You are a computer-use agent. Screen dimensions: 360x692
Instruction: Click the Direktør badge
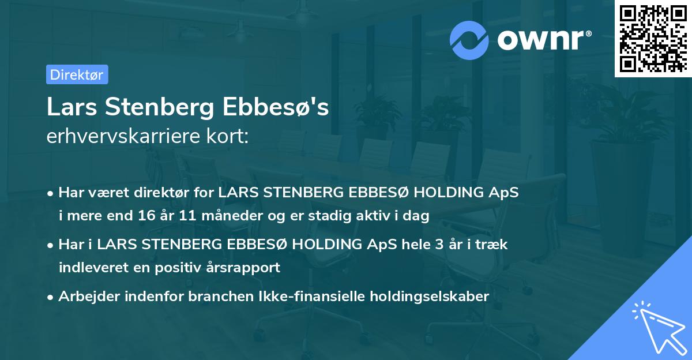pyautogui.click(x=77, y=74)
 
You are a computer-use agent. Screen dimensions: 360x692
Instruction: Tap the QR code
pyautogui.click(x=652, y=38)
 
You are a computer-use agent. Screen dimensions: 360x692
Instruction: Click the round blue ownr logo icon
pyautogui.click(x=469, y=39)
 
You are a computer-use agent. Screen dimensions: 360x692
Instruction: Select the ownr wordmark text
pyautogui.click(x=543, y=39)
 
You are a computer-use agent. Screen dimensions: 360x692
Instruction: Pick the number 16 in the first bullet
pyautogui.click(x=147, y=216)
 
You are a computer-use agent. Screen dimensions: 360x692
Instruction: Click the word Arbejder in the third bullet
pyautogui.click(x=89, y=297)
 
